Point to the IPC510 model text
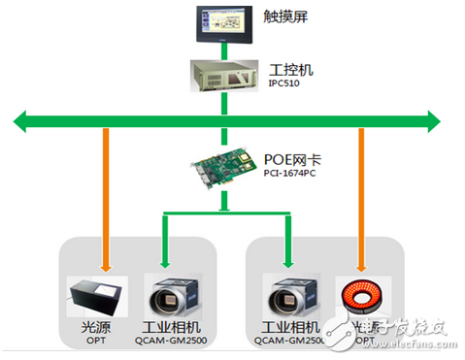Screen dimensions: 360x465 pyautogui.click(x=283, y=85)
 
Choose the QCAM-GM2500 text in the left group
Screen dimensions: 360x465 pyautogui.click(x=174, y=342)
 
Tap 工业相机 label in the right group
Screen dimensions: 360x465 pyautogui.click(x=287, y=328)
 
